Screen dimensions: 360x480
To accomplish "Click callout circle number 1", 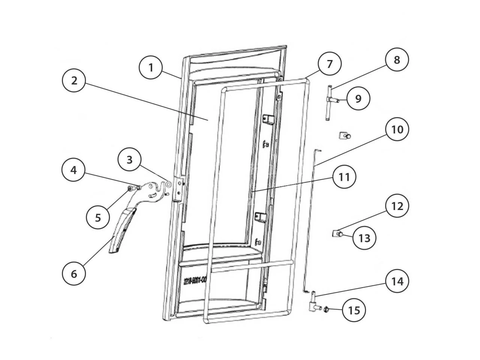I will (x=151, y=67).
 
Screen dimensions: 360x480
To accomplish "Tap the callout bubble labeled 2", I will (x=74, y=80).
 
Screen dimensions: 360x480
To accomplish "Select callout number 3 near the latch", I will (x=129, y=160).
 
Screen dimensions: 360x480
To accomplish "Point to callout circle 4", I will (x=73, y=170).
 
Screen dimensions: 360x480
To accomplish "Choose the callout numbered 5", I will (x=98, y=217).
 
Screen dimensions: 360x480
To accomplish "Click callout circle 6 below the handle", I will (x=73, y=274).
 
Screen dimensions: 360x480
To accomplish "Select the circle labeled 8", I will (x=397, y=60).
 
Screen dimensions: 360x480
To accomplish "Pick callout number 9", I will (x=358, y=99).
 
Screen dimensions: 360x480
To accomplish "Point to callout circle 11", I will (x=344, y=177).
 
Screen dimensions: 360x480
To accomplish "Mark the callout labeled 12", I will (x=397, y=206).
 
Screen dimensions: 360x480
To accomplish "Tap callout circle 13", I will (x=364, y=238).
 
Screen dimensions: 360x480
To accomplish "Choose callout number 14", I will (x=397, y=281).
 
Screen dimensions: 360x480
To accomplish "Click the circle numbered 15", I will (x=354, y=310).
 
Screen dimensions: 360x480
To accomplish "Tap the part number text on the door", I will (x=195, y=280).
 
